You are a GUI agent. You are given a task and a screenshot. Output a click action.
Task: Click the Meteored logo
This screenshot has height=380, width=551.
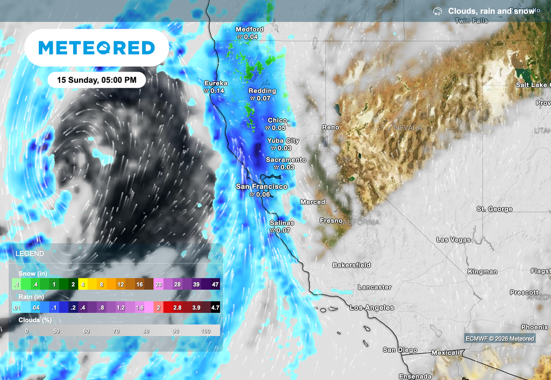point(97,48)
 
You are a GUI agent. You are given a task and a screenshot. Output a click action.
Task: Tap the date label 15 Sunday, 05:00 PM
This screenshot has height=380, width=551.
point(97,80)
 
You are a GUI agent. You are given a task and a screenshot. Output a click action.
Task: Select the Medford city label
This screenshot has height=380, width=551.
point(250,30)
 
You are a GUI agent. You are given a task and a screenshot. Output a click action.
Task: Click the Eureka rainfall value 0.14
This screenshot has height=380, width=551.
point(217,91)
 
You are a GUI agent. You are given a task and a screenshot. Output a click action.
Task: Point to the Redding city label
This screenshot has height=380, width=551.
point(262,91)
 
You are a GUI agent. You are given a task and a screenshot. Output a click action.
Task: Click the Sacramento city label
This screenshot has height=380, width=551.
point(286,160)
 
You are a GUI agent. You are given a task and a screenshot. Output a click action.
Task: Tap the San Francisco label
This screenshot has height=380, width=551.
point(262,187)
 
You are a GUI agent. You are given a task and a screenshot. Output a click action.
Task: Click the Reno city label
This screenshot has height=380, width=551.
point(330,128)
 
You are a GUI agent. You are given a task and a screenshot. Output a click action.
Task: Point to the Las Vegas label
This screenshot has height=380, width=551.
point(453,240)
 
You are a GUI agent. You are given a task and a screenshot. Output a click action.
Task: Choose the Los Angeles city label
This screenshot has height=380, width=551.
point(372,308)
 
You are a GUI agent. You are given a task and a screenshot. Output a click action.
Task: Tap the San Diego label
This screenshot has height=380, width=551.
point(400,350)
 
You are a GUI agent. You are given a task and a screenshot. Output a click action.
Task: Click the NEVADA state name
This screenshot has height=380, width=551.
point(408,128)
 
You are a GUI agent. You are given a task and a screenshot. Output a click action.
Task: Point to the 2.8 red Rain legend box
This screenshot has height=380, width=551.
point(177,308)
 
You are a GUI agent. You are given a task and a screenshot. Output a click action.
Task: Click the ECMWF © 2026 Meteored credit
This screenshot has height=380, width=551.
point(500,339)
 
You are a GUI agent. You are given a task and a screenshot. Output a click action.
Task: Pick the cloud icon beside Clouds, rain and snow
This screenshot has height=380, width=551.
point(438,11)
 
